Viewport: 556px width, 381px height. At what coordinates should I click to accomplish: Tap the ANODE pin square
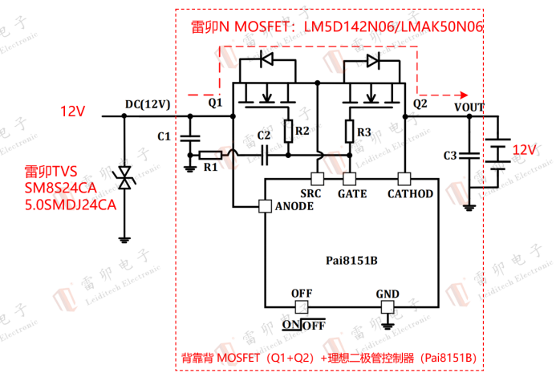pyautogui.click(x=265, y=206)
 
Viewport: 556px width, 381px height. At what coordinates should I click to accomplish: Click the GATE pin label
pyautogui.click(x=352, y=194)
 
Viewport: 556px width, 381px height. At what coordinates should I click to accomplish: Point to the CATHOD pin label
pyautogui.click(x=410, y=194)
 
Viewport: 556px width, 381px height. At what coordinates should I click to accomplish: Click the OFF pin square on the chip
pyautogui.click(x=302, y=307)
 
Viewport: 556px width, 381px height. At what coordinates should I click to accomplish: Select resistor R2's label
pyautogui.click(x=302, y=131)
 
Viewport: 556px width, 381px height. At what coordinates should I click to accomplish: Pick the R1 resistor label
pyautogui.click(x=210, y=168)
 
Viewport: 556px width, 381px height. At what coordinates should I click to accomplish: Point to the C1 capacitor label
pyautogui.click(x=164, y=136)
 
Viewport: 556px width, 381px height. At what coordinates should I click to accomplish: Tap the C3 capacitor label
pyautogui.click(x=450, y=155)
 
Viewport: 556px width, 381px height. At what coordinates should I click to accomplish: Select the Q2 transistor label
pyautogui.click(x=420, y=103)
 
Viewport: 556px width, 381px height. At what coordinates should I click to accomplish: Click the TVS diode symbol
pyautogui.click(x=124, y=178)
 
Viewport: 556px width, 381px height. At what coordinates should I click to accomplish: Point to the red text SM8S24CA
pyautogui.click(x=60, y=188)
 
